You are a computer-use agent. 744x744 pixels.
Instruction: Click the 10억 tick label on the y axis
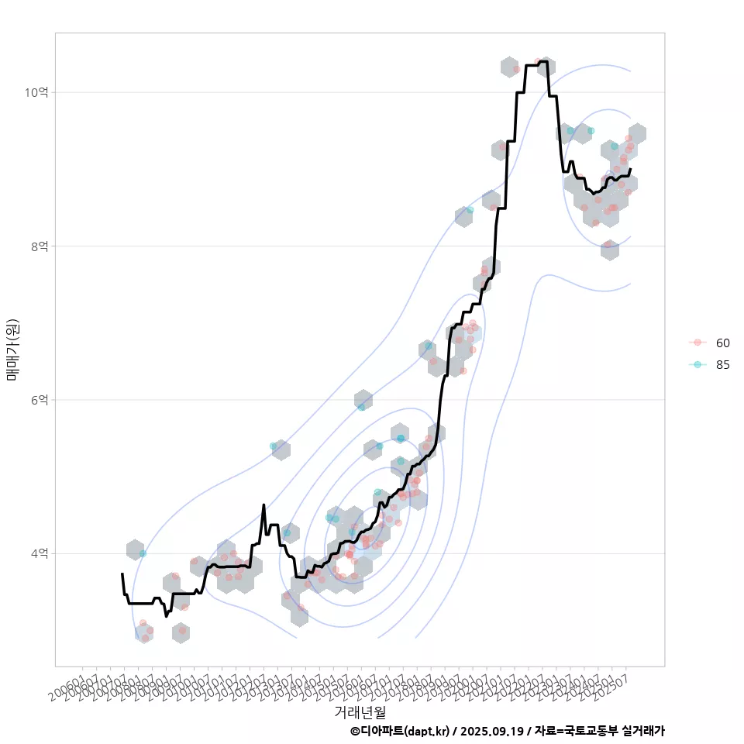pos(37,92)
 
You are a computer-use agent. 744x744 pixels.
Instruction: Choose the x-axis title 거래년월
pos(360,711)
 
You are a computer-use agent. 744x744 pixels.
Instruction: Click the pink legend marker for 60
pos(697,343)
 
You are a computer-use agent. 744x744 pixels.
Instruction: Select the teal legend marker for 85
pos(697,365)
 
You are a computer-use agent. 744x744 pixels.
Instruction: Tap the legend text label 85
pos(722,365)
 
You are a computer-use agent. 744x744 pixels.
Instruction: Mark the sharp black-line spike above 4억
pos(263,505)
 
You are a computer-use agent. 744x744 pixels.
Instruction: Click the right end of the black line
pos(630,169)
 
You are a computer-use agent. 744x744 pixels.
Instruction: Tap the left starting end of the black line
pos(122,574)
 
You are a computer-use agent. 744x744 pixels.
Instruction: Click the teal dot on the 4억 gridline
pos(143,553)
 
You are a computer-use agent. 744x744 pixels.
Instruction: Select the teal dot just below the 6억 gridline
pos(362,407)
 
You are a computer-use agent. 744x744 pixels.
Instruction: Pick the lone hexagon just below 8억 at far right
pos(610,250)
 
